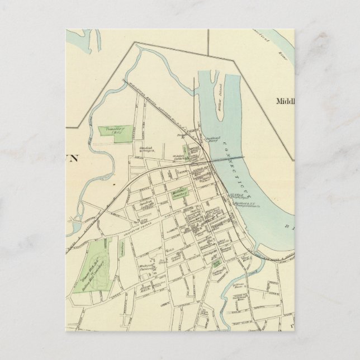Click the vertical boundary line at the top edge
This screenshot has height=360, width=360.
209,42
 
